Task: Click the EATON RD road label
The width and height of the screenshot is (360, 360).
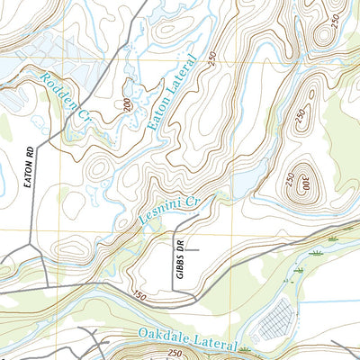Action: click(x=24, y=168)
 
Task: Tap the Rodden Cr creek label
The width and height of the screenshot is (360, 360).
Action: click(x=65, y=101)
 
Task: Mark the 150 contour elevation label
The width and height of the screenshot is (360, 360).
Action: click(x=139, y=294)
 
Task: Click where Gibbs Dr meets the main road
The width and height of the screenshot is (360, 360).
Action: click(x=174, y=292)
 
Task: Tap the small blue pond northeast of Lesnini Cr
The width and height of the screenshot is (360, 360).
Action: click(x=240, y=186)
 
